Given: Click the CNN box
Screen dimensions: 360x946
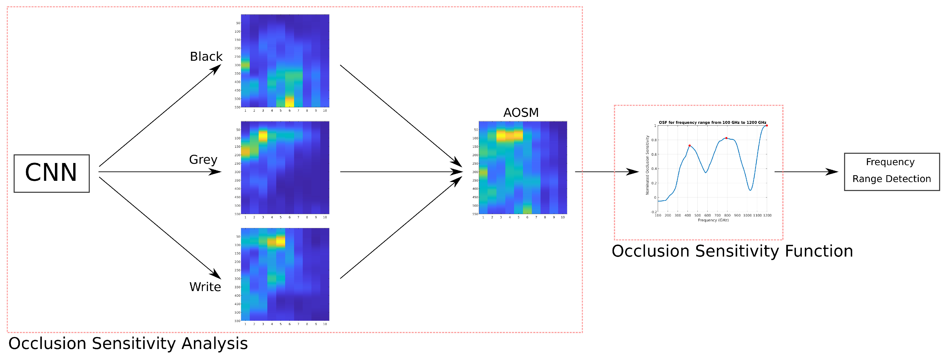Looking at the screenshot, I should point(51,173).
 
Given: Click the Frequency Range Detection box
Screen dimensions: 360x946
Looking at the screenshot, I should point(892,171).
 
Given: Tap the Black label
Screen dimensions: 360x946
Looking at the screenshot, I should point(206,57).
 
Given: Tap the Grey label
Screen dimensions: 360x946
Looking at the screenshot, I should point(203,159).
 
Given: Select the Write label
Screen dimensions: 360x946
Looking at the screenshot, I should point(205,287).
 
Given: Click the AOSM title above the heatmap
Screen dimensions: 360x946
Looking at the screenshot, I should point(521,112).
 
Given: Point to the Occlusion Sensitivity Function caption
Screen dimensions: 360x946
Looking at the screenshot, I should point(732,251).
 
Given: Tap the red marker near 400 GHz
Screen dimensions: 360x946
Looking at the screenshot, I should point(689,145).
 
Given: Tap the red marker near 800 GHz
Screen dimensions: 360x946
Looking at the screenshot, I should point(726,138).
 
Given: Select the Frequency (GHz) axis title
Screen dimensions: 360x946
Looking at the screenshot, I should point(713,220).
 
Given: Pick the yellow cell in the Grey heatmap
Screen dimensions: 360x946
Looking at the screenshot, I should point(263,136).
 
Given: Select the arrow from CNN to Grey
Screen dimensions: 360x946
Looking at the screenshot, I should point(160,171).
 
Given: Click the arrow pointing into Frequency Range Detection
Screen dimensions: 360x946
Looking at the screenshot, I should point(806,171).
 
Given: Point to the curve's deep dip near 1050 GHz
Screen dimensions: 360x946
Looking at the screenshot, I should point(750,189).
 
